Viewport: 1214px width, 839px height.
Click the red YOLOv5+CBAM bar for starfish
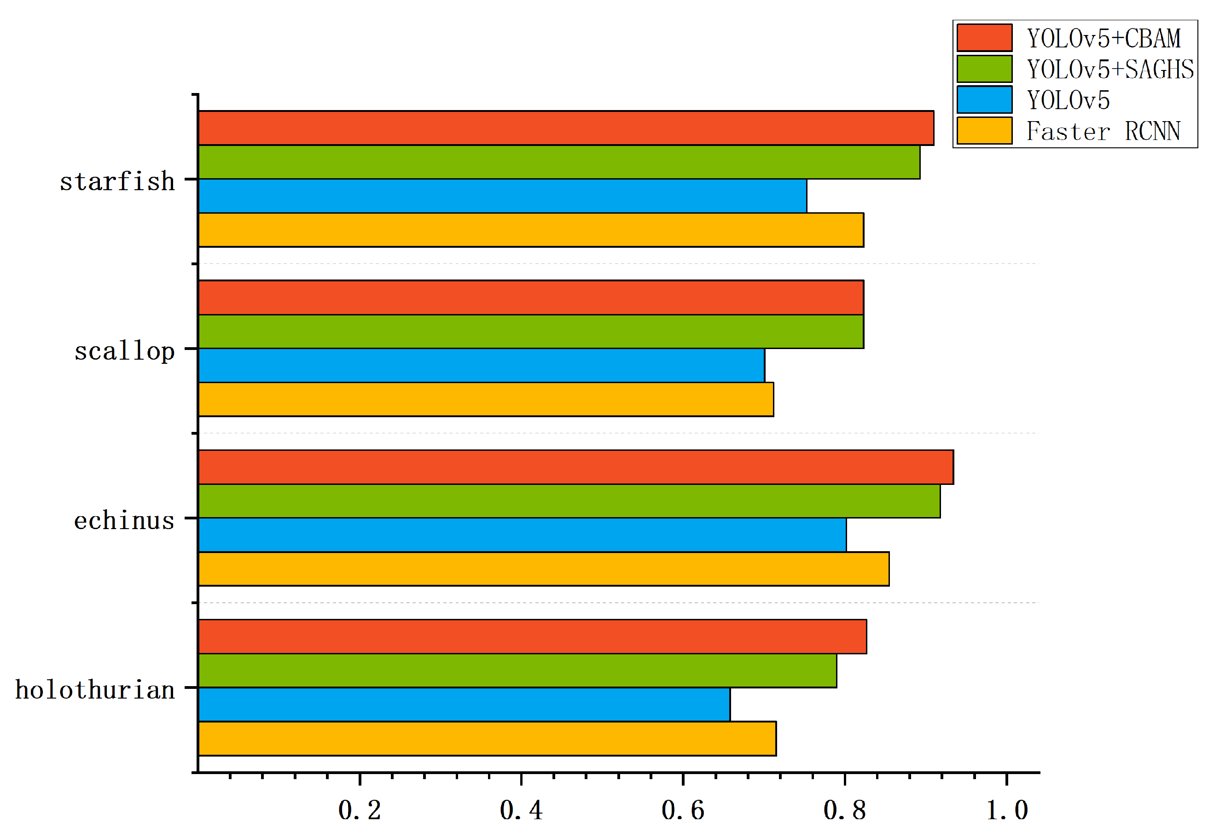point(565,128)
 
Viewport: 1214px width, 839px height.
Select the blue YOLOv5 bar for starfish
point(502,196)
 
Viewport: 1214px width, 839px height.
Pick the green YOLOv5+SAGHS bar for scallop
point(531,331)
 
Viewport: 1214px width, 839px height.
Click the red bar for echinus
point(575,467)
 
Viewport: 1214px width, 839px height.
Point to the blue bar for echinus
point(522,535)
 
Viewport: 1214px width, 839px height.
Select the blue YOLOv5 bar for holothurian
point(464,705)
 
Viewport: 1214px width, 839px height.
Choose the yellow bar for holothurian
point(487,739)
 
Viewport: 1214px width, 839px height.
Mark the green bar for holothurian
point(517,670)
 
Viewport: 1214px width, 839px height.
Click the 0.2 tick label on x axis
point(360,810)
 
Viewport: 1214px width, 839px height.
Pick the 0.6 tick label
point(682,810)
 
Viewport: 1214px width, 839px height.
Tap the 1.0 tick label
point(1006,810)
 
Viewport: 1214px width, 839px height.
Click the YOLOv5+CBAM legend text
point(1104,38)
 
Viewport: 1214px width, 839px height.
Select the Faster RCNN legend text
point(1103,131)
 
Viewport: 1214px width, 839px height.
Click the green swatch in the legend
point(984,69)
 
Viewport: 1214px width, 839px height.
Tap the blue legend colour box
point(984,100)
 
